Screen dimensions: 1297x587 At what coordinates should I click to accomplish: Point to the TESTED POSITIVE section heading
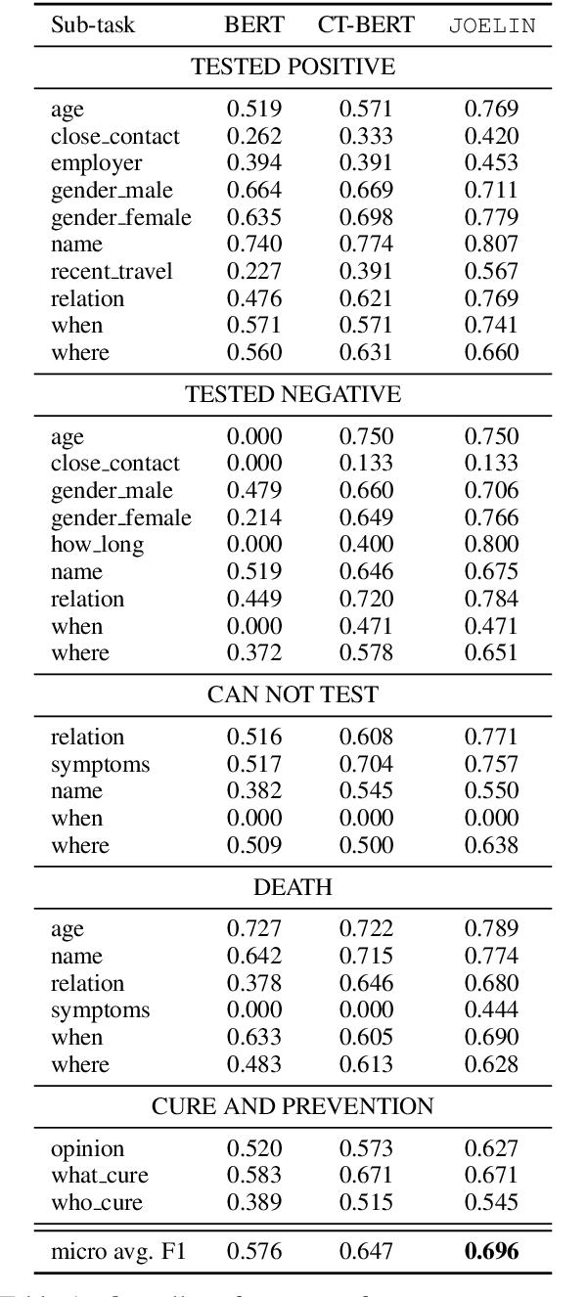293,67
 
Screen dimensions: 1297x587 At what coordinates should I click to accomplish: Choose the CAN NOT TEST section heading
293,695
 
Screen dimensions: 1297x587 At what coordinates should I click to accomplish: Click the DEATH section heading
293,887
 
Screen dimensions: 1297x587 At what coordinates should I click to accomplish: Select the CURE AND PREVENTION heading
293,1106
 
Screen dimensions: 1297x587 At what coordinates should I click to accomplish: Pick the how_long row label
97,545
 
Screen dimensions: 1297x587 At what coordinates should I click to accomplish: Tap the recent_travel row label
112,272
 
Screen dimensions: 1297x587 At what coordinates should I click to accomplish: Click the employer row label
96,163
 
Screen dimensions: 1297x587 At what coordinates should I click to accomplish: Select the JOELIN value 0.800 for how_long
491,545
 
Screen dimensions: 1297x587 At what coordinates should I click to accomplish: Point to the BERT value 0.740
254,245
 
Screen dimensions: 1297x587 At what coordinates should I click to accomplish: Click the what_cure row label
100,1175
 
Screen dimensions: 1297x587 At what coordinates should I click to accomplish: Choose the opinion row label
88,1148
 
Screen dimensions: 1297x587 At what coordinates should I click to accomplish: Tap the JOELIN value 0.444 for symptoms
491,1009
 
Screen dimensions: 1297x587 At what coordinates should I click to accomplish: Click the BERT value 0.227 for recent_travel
254,272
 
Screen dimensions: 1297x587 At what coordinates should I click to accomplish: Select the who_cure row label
97,1202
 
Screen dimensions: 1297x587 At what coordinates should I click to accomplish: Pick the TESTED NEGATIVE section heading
293,395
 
